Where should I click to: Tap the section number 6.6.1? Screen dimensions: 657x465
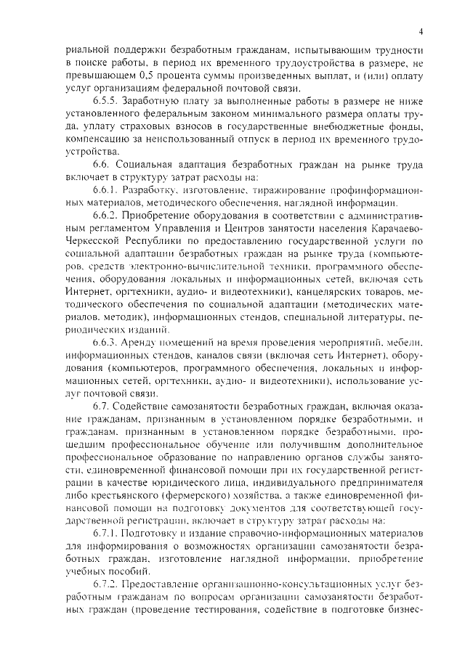[x=105, y=189]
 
